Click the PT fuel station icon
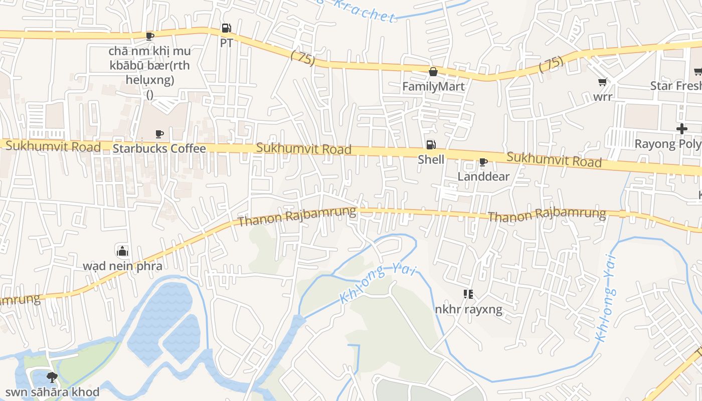[x=226, y=28]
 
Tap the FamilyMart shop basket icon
[x=433, y=72]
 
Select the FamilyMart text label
[x=433, y=87]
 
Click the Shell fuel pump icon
[x=431, y=145]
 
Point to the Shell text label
[x=431, y=159]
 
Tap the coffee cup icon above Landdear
[x=483, y=162]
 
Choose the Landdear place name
[x=483, y=176]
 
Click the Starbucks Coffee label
[x=159, y=149]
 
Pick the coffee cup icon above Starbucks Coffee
[x=159, y=134]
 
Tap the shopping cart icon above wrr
[x=602, y=82]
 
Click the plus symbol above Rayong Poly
[x=681, y=129]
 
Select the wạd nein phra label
[x=122, y=266]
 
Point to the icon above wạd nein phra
[x=122, y=251]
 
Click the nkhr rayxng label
[x=468, y=309]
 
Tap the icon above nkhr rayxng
[x=468, y=294]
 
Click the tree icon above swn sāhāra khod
[x=52, y=377]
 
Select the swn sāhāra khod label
[x=52, y=392]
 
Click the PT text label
[x=226, y=43]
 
